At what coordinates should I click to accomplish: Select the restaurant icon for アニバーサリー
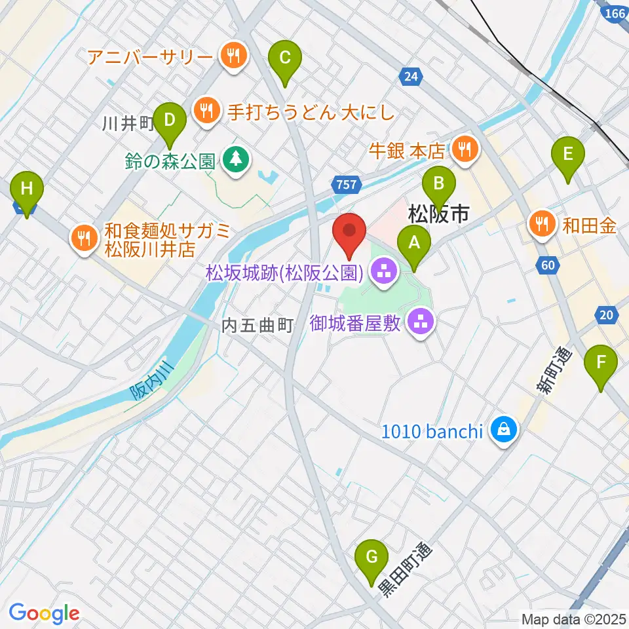pos(233,56)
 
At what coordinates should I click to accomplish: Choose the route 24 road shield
pos(410,77)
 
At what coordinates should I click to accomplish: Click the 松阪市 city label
pos(438,213)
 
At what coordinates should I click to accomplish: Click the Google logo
pos(44,613)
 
